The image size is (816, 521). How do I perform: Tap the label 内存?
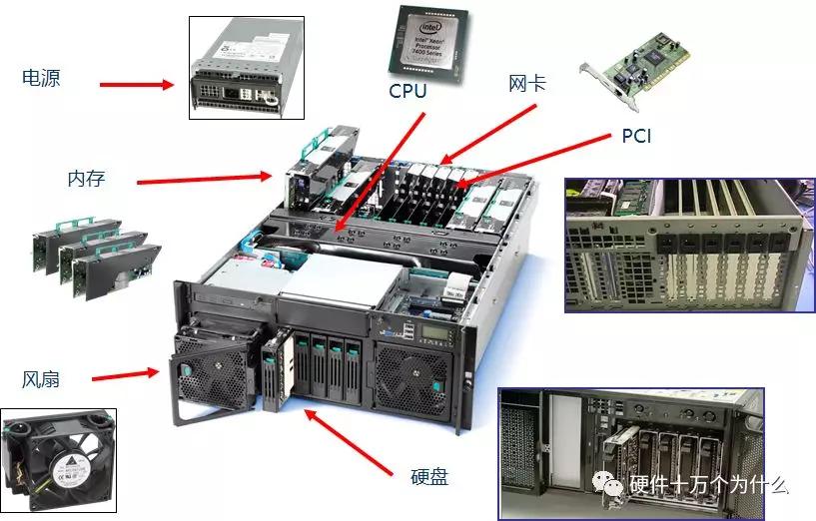[x=87, y=179]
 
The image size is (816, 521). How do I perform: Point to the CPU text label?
[x=408, y=91]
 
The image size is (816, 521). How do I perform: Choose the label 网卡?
[x=527, y=84]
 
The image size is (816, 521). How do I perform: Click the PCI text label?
[x=636, y=136]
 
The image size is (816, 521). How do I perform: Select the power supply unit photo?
[x=246, y=68]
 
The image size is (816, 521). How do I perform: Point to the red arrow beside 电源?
[x=137, y=85]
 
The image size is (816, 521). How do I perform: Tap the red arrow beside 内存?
[x=205, y=179]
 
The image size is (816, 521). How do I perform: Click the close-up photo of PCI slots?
[x=689, y=245]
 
